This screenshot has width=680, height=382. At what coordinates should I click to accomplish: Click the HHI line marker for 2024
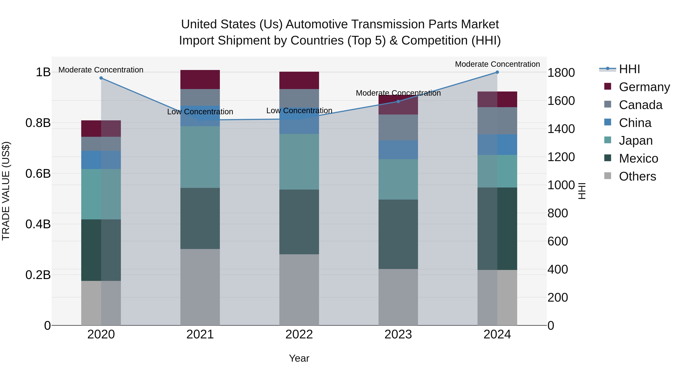(497, 72)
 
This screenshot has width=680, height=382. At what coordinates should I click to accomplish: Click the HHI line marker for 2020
(101, 78)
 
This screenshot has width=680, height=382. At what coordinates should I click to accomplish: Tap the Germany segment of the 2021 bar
(200, 80)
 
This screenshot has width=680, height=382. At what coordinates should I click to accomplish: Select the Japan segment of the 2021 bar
(200, 157)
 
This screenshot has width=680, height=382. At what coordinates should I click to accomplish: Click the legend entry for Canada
(640, 105)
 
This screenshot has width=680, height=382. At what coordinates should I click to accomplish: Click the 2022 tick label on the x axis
(299, 334)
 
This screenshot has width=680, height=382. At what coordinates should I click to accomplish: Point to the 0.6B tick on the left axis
(38, 174)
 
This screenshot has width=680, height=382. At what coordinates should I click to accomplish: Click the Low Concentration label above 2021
(200, 112)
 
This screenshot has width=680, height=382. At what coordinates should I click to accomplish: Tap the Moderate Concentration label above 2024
(497, 64)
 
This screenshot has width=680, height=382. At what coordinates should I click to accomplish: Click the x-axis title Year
(299, 358)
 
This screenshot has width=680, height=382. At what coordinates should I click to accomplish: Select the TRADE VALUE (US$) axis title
(6, 191)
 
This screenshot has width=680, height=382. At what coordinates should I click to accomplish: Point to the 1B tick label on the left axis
(43, 72)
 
